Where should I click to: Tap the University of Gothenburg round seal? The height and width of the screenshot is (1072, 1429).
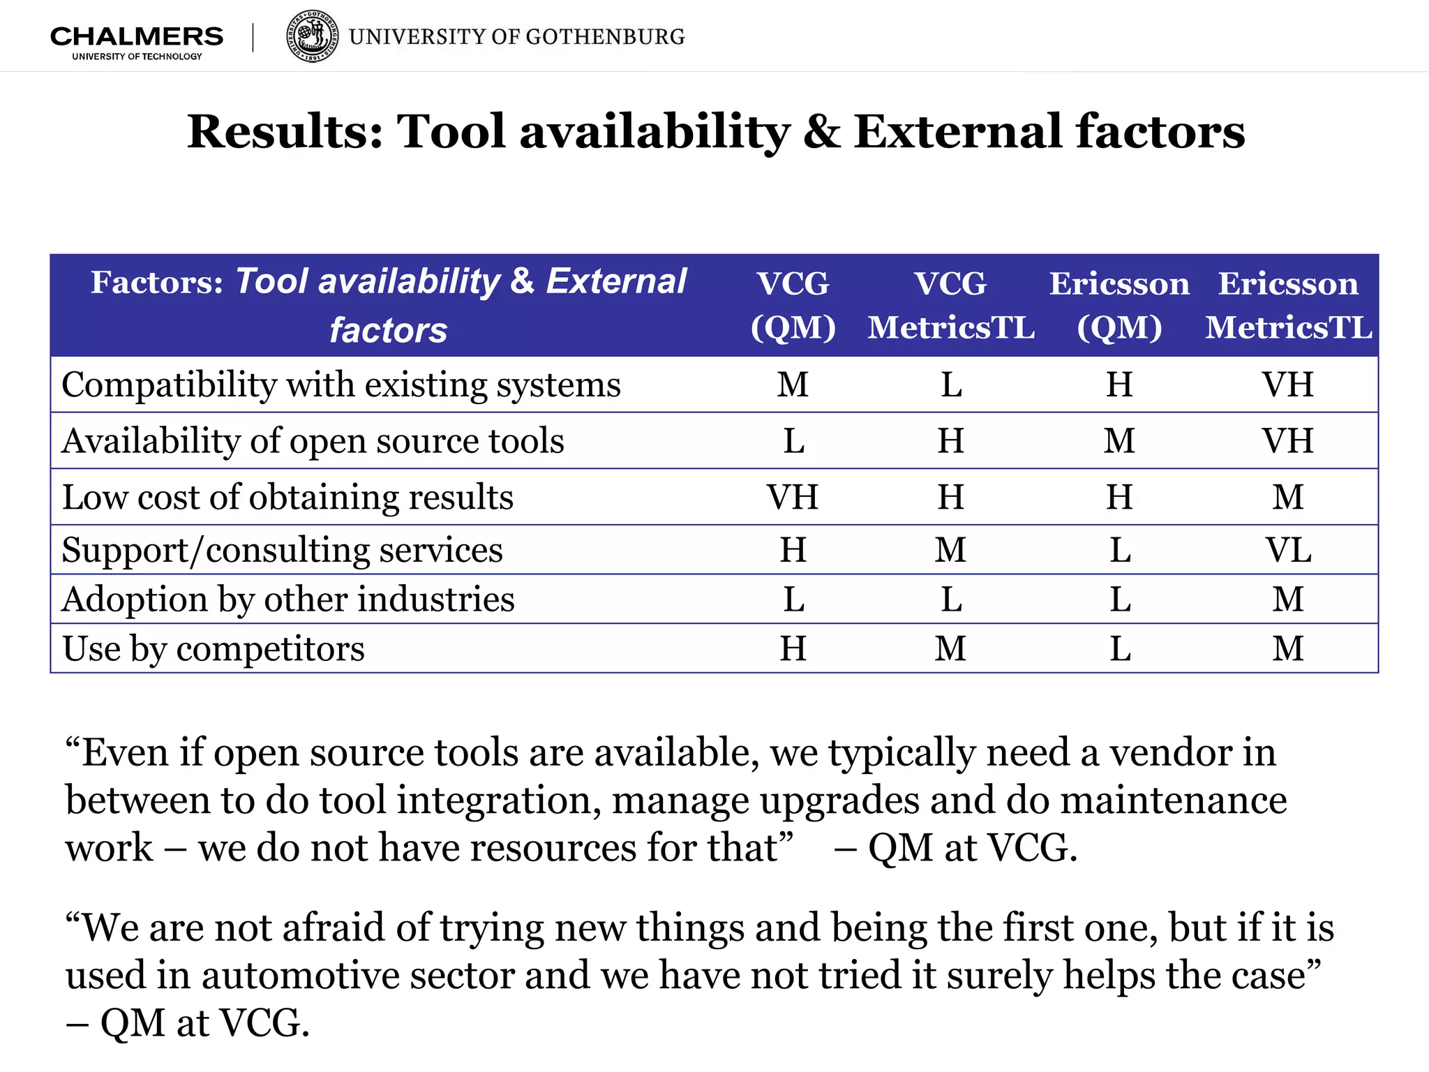(x=313, y=36)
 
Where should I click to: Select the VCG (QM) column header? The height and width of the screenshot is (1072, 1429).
(x=793, y=305)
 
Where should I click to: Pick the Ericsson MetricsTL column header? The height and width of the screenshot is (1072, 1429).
(x=1288, y=305)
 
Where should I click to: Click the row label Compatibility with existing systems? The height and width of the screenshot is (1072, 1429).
(x=341, y=385)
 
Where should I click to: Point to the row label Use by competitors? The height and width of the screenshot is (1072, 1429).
(x=214, y=648)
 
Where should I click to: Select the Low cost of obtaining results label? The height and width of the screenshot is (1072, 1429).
(x=287, y=497)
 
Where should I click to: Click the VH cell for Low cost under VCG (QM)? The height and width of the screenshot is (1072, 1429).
(x=793, y=497)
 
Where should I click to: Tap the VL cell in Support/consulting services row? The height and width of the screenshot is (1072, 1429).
(x=1288, y=550)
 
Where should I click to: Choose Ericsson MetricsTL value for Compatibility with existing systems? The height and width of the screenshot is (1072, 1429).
(x=1288, y=385)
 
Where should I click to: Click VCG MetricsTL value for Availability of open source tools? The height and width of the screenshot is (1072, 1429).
(x=951, y=441)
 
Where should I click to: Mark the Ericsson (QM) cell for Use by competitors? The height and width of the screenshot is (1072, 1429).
(x=1120, y=648)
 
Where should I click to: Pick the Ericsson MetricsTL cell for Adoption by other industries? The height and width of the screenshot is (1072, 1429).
(x=1288, y=599)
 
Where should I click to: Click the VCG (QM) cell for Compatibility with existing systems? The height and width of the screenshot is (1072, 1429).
(x=793, y=385)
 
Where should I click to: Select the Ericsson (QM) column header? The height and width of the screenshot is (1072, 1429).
(x=1120, y=305)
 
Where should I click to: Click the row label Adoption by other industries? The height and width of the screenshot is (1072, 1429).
(x=288, y=599)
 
